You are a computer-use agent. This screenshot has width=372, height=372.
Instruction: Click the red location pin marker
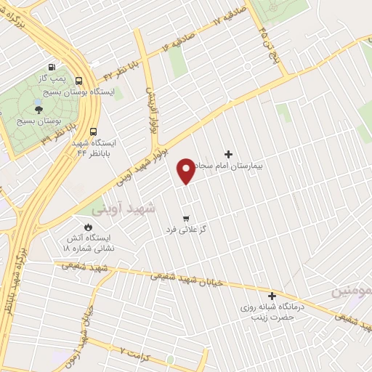[187, 170]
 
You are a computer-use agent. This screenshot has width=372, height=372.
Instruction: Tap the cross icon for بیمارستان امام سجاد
[229, 154]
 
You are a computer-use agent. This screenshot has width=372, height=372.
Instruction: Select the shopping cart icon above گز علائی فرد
[187, 217]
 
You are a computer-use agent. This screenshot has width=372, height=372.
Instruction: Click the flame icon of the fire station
[89, 226]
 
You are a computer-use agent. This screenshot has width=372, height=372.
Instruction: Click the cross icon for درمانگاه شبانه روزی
[272, 296]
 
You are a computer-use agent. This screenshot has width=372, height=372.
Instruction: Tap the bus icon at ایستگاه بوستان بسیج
[78, 81]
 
